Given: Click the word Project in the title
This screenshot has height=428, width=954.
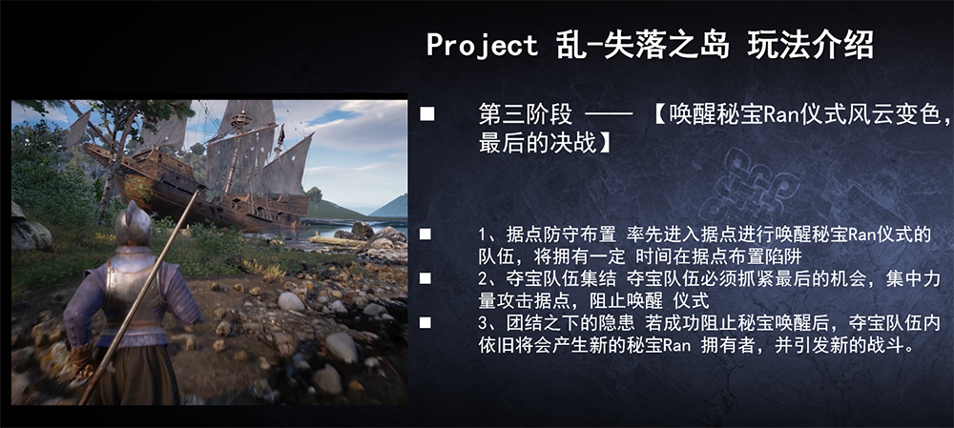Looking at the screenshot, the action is pos(482,45).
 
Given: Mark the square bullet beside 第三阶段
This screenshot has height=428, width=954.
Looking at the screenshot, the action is pos(427,114).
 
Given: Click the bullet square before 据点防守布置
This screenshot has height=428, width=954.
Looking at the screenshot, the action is pos(425,234).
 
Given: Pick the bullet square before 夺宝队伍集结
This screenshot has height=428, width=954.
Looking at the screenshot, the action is pos(425,278).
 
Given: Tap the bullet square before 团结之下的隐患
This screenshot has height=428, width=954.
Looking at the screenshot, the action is pos(425,322).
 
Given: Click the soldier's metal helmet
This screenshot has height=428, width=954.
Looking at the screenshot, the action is pos(134,225).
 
